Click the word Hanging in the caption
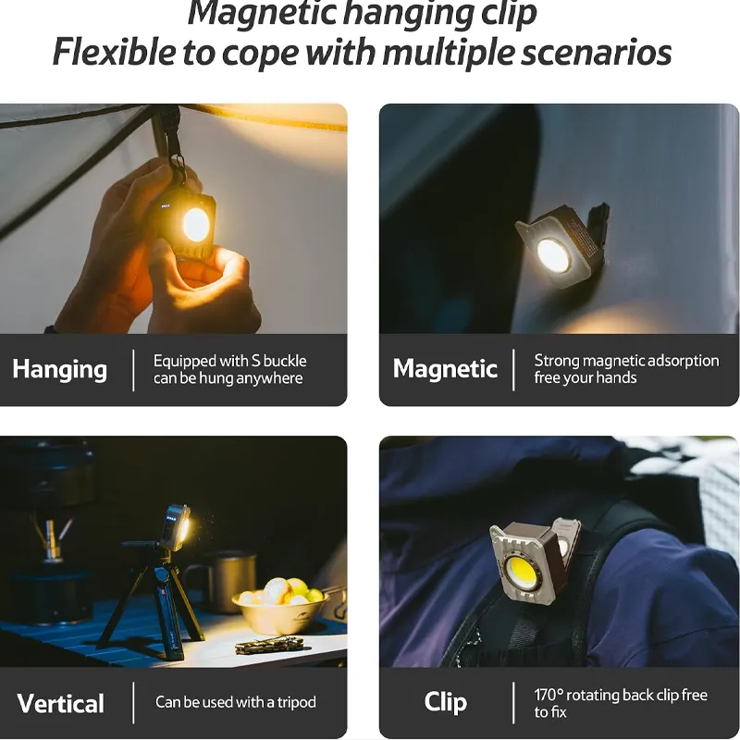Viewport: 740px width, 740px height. (60, 369)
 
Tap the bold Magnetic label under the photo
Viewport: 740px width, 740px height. (445, 368)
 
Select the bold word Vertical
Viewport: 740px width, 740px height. (60, 704)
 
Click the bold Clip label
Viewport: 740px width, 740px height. (446, 702)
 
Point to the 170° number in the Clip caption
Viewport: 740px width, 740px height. (549, 695)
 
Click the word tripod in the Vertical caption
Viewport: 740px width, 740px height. (296, 703)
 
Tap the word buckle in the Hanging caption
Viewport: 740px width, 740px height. (285, 361)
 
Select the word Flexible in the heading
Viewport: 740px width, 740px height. (114, 52)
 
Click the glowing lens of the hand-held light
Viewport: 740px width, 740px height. (196, 224)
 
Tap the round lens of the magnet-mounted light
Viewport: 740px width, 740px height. (553, 256)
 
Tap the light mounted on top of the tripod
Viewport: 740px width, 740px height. (174, 527)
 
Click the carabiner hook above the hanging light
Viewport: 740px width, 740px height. (178, 166)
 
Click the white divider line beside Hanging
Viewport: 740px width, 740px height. (133, 371)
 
